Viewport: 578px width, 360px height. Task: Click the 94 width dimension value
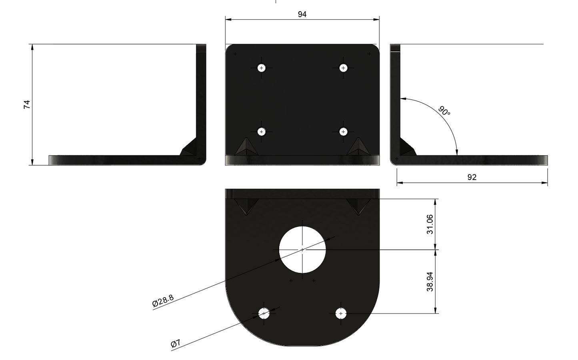tap(302, 14)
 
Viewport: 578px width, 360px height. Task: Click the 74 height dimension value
tap(27, 105)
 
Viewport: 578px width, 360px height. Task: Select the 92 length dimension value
tap(472, 177)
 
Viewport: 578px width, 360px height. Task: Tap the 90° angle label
tap(444, 111)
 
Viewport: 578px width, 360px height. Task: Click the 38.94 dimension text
tap(430, 282)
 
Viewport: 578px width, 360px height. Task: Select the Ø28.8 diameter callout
tap(163, 301)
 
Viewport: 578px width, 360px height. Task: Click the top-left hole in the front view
tap(262, 68)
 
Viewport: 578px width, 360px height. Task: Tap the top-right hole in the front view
tap(343, 68)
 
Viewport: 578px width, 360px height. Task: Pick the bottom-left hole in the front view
tap(262, 131)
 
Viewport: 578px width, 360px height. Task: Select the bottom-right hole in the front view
tap(343, 131)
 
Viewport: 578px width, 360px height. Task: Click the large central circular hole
tap(302, 249)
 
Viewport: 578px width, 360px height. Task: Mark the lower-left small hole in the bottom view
tap(264, 313)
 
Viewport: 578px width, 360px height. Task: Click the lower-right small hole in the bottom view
tap(340, 314)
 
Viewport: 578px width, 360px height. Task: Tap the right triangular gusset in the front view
tap(358, 148)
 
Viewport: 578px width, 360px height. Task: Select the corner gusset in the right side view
tap(407, 148)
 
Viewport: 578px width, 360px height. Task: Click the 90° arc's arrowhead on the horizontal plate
tap(457, 152)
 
